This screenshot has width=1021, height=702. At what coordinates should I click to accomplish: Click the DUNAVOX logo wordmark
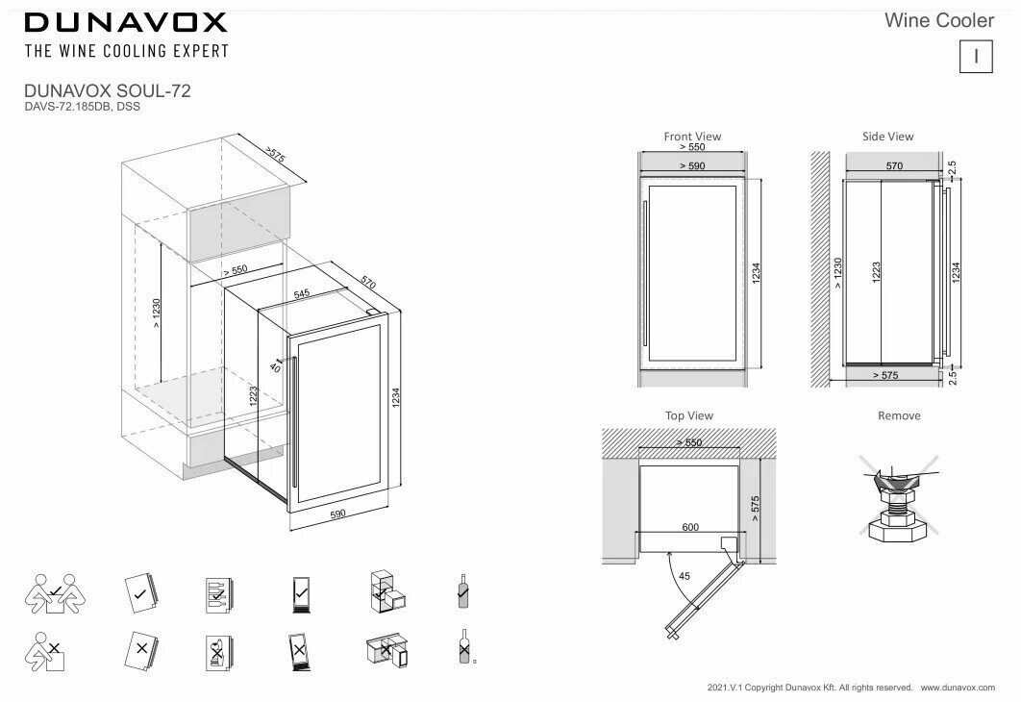126,21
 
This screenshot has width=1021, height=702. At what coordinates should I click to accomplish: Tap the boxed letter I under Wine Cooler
976,57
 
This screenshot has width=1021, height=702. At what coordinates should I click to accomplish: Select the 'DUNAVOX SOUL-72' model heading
108,91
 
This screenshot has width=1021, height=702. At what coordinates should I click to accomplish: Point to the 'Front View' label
692,137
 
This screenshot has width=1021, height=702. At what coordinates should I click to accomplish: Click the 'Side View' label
887,137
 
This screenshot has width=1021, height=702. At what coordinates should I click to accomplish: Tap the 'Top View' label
689,415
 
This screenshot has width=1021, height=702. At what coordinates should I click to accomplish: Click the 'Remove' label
899,415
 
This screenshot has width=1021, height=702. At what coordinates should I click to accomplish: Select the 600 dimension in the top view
690,528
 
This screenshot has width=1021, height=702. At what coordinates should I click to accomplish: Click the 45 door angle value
684,576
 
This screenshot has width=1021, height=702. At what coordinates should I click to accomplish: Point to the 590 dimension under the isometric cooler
336,514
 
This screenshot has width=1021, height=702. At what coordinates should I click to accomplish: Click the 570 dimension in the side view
893,166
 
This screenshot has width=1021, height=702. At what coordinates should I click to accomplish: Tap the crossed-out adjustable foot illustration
896,500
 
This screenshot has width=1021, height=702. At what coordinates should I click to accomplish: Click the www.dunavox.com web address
959,688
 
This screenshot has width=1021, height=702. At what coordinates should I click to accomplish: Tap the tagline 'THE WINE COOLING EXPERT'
126,50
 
